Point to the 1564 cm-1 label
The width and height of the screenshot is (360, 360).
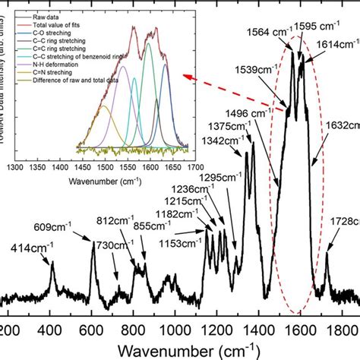click(x=267, y=32)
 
